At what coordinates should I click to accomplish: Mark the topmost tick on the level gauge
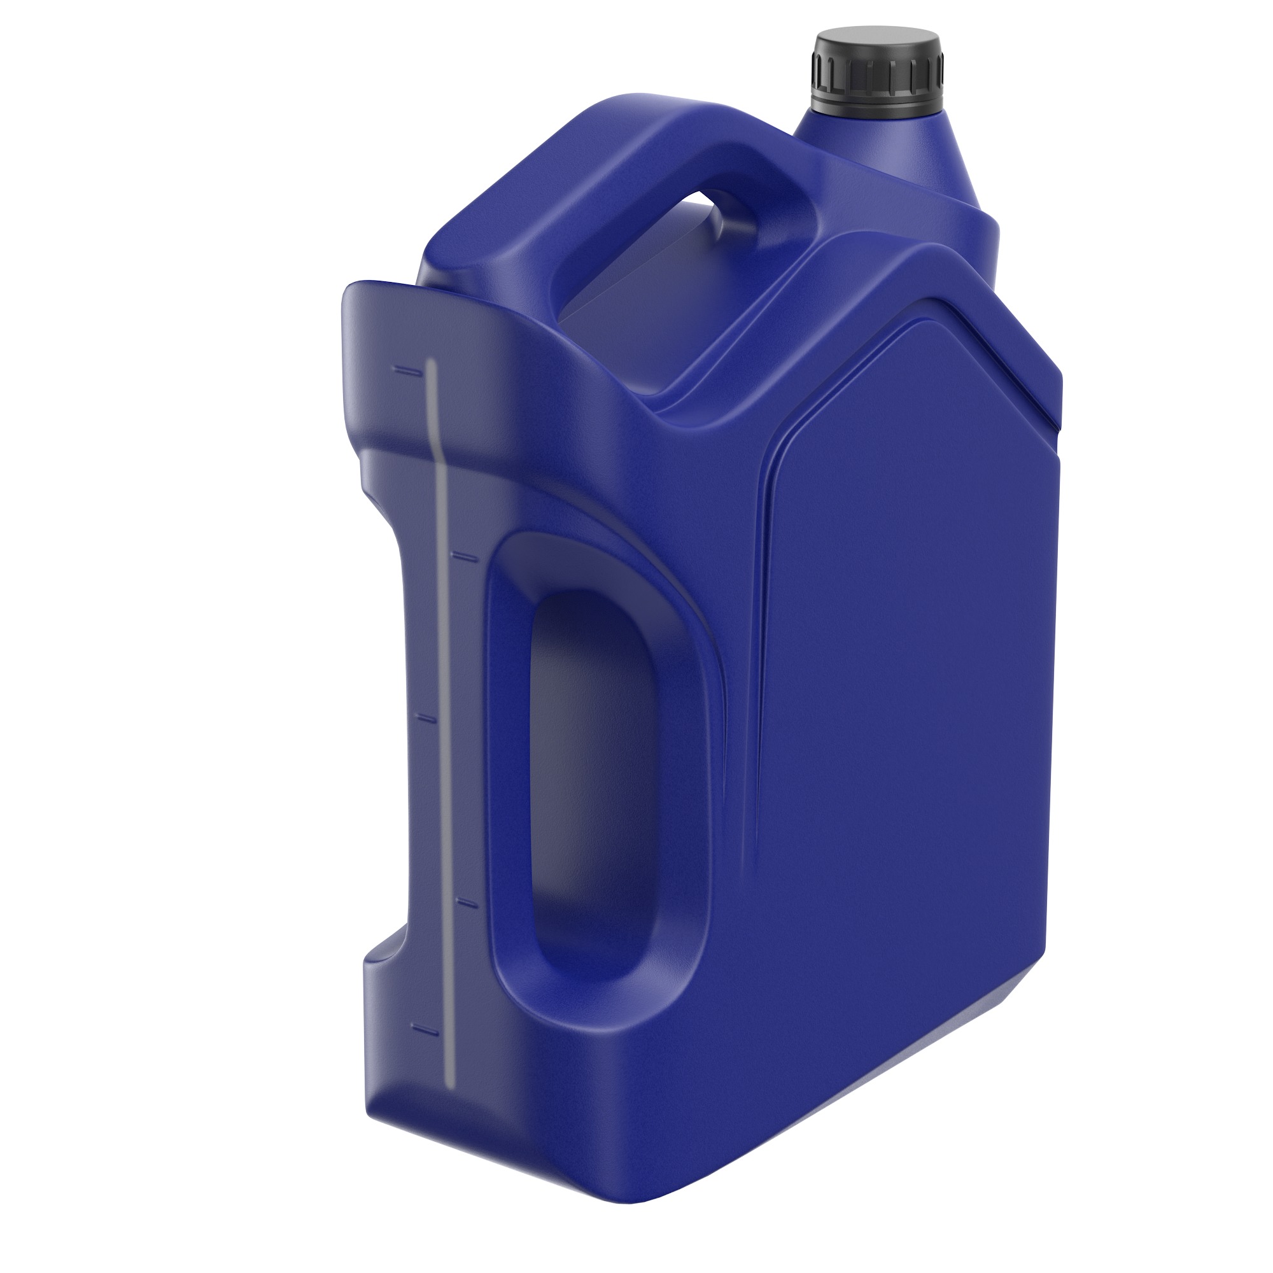point(408,371)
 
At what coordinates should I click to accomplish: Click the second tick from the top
point(463,558)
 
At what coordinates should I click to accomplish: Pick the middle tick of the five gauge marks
point(427,719)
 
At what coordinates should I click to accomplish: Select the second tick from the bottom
point(467,903)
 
